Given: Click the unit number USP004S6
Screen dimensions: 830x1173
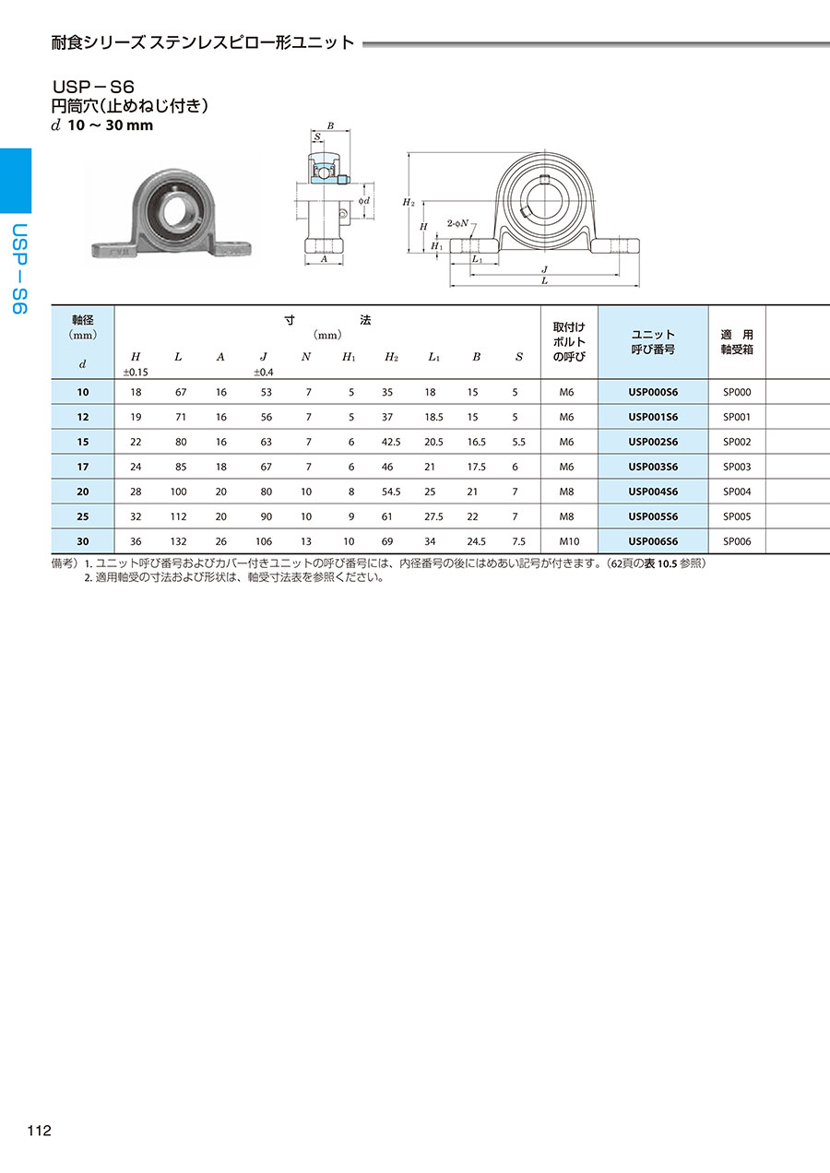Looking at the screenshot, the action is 653,492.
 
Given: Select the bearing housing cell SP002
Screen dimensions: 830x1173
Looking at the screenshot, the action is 737,442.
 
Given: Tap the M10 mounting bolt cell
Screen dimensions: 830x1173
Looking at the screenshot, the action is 569,541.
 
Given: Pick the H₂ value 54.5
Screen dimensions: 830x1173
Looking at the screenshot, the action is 391,492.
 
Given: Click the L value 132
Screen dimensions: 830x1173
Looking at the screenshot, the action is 179,541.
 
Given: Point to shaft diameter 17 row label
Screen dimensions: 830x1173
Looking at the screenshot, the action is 83,467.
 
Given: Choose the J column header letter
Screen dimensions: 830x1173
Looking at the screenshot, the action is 264,357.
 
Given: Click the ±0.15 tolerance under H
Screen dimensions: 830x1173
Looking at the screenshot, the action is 136,373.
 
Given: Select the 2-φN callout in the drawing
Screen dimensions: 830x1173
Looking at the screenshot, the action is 457,223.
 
